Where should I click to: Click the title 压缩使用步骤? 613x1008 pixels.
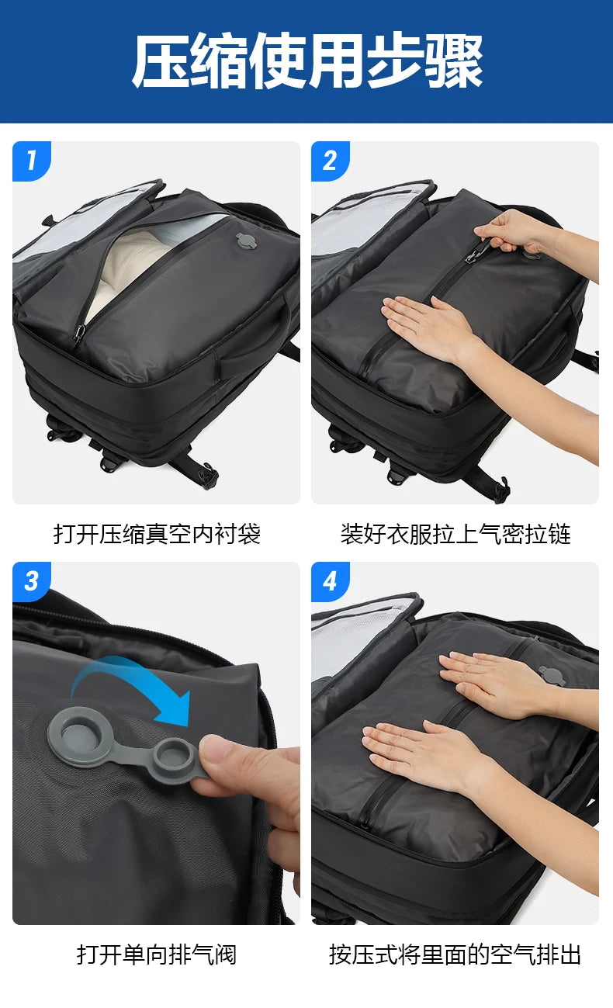306,61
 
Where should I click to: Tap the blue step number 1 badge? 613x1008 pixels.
31,161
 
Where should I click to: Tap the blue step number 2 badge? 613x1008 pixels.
330,161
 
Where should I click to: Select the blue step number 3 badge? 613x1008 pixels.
31,580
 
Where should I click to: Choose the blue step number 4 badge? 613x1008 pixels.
330,580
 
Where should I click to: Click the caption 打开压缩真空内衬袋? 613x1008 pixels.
156,534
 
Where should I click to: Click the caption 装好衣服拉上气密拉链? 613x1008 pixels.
455,534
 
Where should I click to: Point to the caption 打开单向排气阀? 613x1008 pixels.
156,954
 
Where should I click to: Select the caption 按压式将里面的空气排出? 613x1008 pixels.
455,954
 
